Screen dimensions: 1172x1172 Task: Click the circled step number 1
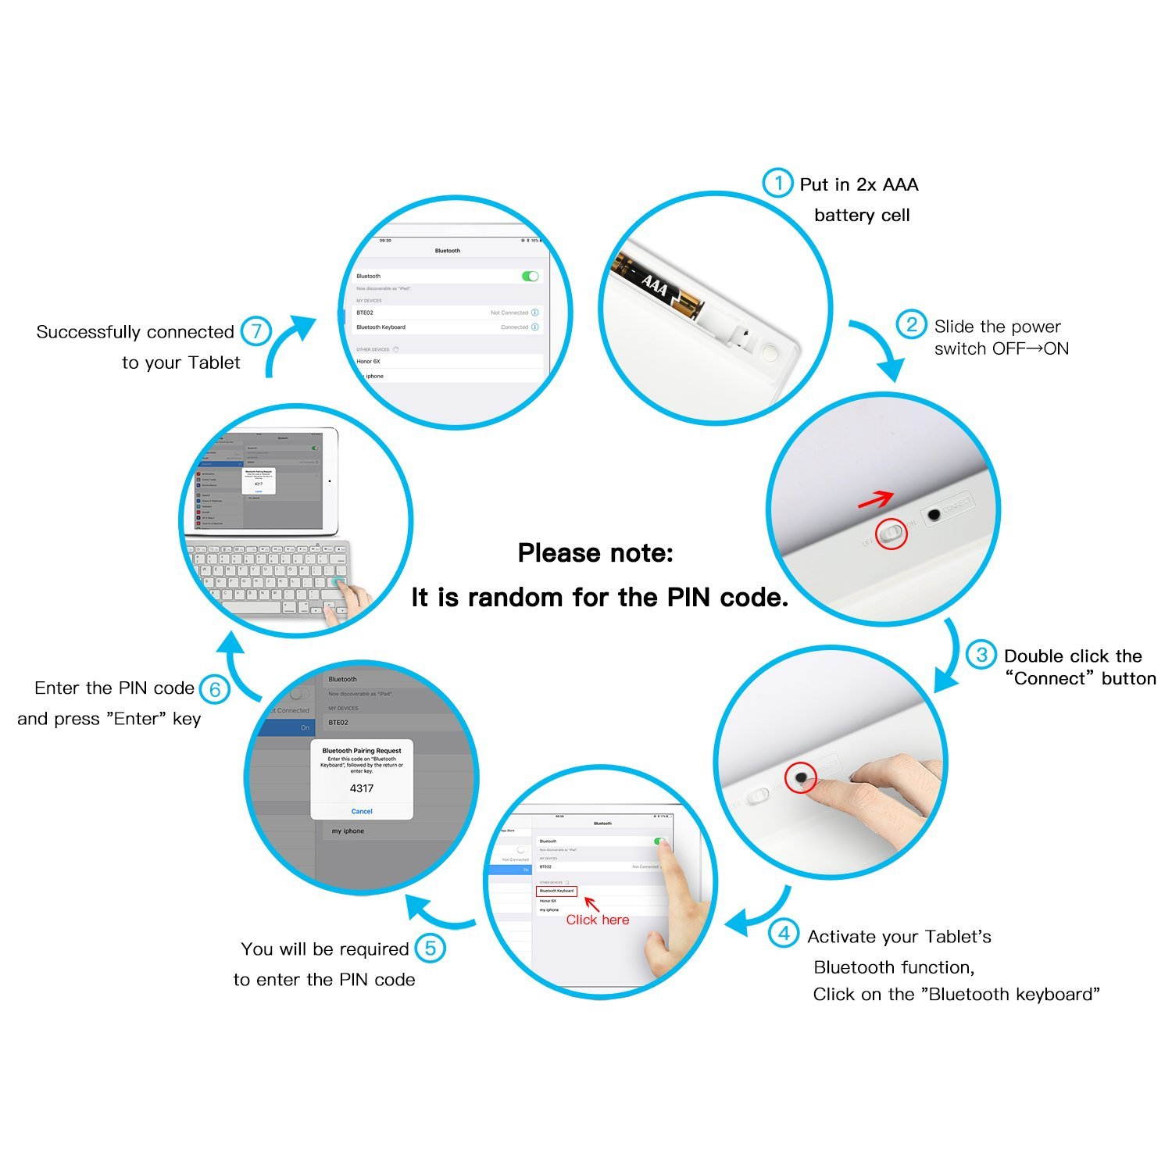777,183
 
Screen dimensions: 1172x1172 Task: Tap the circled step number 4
783,933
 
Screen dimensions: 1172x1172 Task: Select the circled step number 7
255,331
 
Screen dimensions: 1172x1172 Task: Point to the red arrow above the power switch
875,499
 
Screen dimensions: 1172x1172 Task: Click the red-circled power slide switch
891,534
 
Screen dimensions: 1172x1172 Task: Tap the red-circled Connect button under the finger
800,777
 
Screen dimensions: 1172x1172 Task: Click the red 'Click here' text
597,920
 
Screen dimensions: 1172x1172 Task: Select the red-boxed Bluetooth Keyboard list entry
556,891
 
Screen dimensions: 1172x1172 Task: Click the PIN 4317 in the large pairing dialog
362,788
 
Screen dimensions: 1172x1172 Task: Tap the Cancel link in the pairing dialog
362,811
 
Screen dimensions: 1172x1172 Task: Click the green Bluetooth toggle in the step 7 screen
530,276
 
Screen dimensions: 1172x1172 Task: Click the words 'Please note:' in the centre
595,553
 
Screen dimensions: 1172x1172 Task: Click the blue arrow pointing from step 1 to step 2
879,348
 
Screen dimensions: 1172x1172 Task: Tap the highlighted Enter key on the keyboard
338,583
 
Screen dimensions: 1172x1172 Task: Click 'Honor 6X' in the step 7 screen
368,361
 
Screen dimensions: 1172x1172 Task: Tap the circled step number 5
430,949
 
